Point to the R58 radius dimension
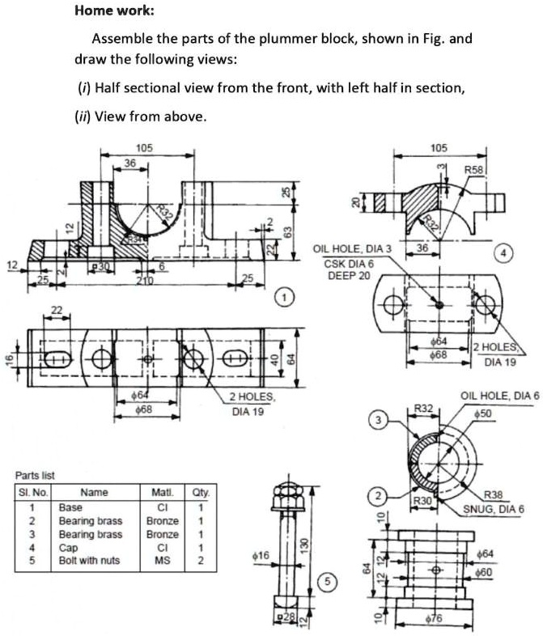pos(474,171)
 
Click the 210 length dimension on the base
pos(145,280)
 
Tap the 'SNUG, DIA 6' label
pos(494,509)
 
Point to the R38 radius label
pos(493,496)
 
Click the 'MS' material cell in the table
pos(162,558)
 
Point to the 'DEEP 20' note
pos(348,275)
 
